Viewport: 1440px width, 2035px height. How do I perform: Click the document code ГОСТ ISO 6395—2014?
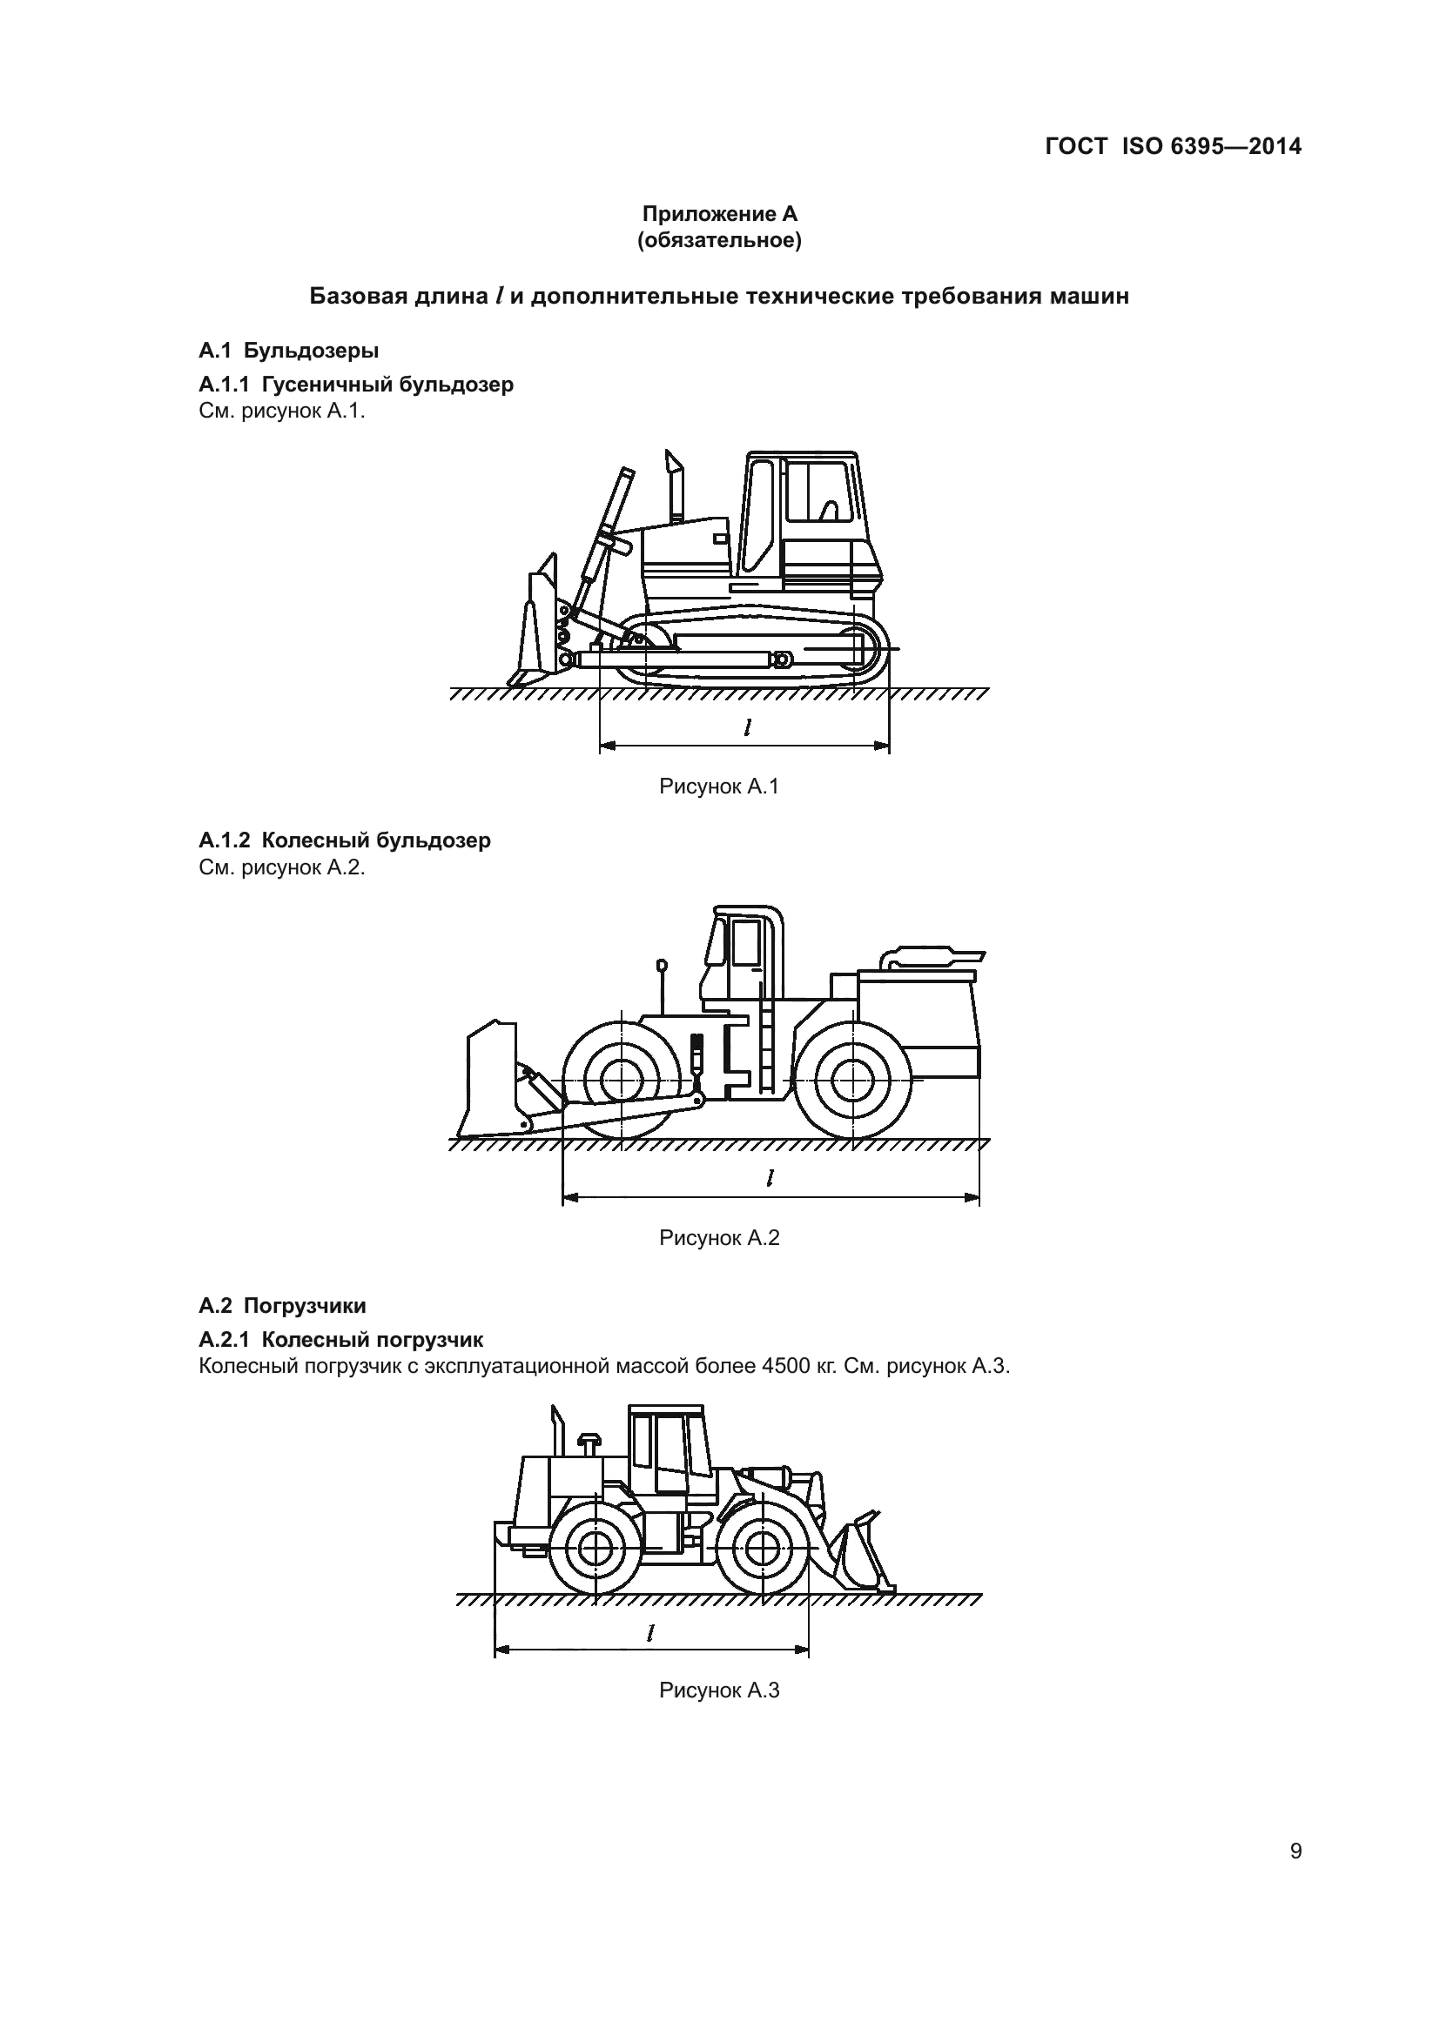pyautogui.click(x=1172, y=146)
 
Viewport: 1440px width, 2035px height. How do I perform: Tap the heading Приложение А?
pyautogui.click(x=719, y=214)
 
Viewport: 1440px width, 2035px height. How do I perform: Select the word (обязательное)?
pyautogui.click(x=719, y=241)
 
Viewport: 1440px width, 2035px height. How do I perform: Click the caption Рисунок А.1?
pyautogui.click(x=718, y=787)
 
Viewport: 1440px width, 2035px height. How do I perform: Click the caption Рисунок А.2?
pyautogui.click(x=718, y=1238)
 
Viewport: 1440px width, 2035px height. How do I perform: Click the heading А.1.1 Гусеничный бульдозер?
pyautogui.click(x=355, y=385)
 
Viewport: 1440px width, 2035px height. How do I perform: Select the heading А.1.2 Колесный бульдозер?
pyautogui.click(x=344, y=840)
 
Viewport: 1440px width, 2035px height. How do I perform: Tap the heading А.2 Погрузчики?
pyautogui.click(x=282, y=1306)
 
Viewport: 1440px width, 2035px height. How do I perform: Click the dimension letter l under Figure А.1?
pyautogui.click(x=748, y=727)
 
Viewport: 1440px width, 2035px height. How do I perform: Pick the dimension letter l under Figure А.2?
pyautogui.click(x=770, y=1178)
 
